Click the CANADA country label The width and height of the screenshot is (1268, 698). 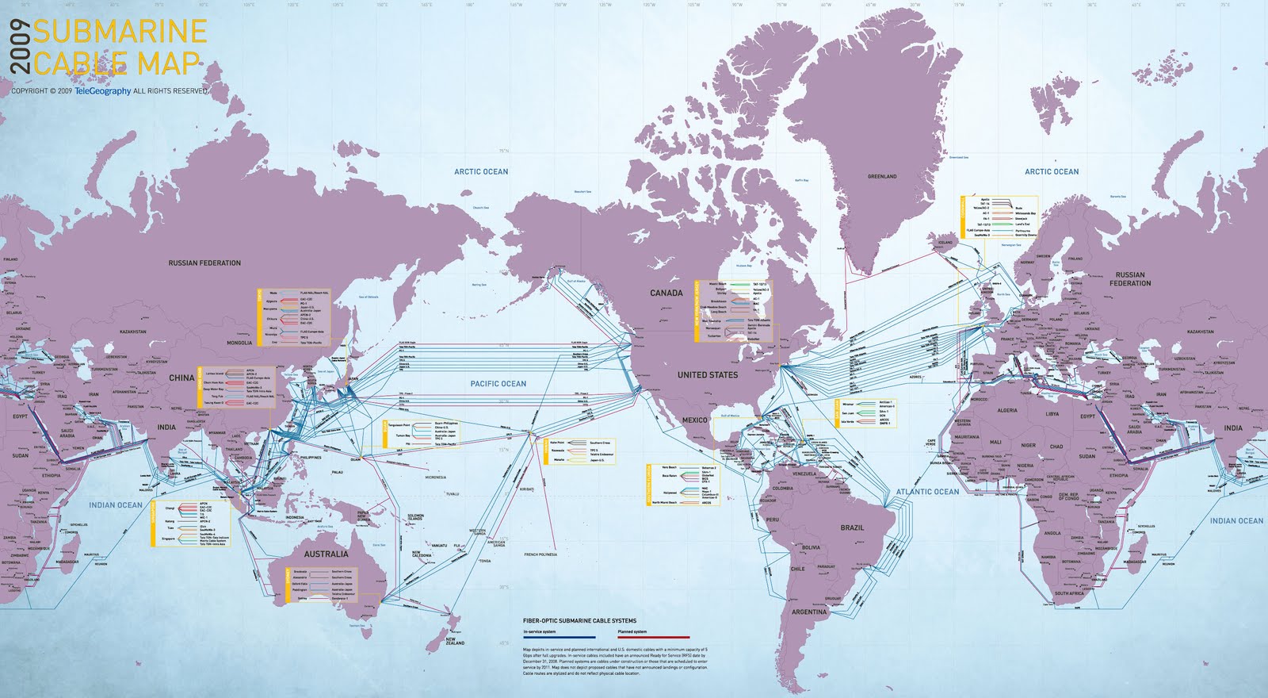click(666, 293)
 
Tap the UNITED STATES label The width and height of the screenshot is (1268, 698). click(707, 374)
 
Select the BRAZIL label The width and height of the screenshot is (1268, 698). click(852, 527)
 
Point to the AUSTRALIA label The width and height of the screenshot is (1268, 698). click(326, 554)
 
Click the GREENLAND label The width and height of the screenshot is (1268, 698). click(882, 176)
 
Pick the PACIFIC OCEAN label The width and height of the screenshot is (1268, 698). click(498, 384)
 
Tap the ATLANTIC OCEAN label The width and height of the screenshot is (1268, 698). click(927, 492)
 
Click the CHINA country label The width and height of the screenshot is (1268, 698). click(181, 378)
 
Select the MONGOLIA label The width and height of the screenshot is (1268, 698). click(239, 343)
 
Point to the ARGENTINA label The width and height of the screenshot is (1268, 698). click(808, 612)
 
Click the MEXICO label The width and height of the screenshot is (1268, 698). click(694, 420)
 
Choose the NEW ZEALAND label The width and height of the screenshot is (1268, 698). click(455, 641)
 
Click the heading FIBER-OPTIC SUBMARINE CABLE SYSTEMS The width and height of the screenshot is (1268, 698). click(579, 621)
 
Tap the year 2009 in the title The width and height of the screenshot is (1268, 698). click(21, 48)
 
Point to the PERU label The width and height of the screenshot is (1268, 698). click(773, 520)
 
